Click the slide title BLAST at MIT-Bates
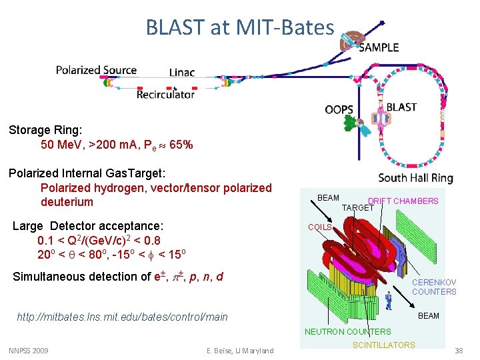pos(240,27)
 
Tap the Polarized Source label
pos(96,70)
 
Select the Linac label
pos(182,72)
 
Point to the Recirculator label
pos(165,95)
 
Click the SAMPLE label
pos(379,47)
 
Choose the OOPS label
pos(339,109)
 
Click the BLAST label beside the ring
pos(401,107)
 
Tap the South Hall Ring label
pos(415,178)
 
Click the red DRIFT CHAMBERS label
pos(403,201)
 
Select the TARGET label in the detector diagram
pos(357,208)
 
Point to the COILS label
pos(319,227)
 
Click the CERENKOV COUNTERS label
pos(434,287)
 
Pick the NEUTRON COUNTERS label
pos(347,331)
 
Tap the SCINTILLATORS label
pos(383,345)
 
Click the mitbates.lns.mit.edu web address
pos(122,317)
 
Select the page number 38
pos(458,351)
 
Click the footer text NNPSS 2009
pos(29,351)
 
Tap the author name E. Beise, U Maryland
pos(241,351)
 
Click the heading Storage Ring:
pos(45,129)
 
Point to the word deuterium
pos(67,202)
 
